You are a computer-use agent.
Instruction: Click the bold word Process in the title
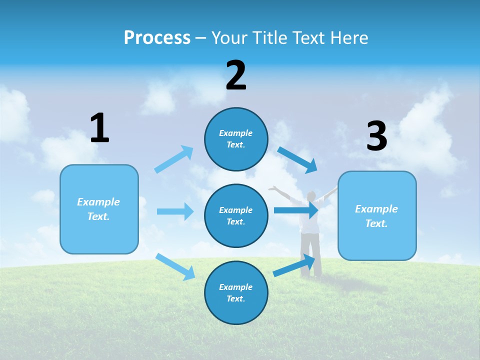pos(157,38)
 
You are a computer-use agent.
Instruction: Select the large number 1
pos(99,128)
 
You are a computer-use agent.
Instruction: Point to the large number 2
pos(236,75)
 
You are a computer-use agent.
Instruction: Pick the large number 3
pos(376,136)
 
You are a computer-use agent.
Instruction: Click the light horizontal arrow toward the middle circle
pos(175,211)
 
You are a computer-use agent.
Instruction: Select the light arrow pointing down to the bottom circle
pos(175,266)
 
